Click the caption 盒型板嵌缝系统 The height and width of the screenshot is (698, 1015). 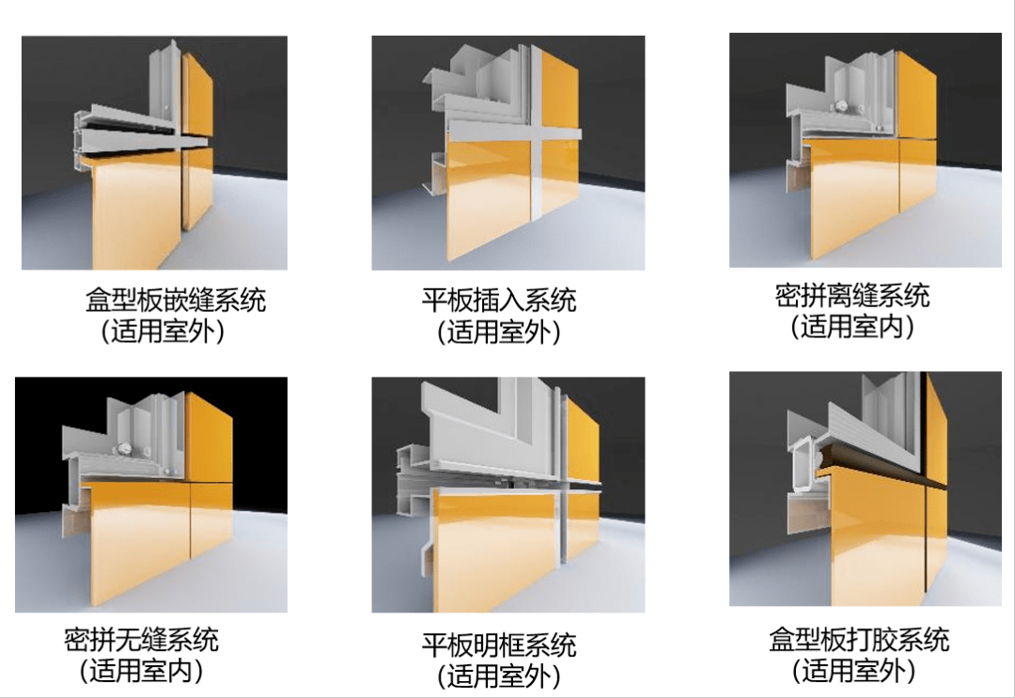click(177, 301)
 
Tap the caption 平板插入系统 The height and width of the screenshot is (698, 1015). click(499, 301)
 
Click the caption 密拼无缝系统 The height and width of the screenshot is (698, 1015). click(142, 641)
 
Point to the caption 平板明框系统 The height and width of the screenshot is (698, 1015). click(499, 645)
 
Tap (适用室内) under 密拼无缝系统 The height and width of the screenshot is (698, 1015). click(142, 671)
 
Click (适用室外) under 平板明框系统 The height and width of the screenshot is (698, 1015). click(499, 675)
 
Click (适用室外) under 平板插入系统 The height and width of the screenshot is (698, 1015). click(499, 332)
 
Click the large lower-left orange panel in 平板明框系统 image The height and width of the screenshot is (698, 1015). click(489, 554)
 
